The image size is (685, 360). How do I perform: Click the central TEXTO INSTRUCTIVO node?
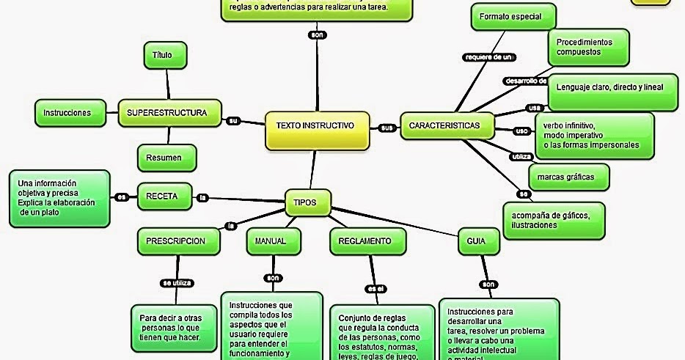[315, 126]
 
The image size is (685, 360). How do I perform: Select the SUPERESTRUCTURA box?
[169, 113]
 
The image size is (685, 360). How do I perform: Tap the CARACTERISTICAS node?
[444, 126]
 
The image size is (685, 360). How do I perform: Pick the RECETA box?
[166, 196]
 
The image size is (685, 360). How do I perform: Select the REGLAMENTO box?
[365, 241]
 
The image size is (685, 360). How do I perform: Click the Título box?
[165, 56]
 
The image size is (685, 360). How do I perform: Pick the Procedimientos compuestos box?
[589, 47]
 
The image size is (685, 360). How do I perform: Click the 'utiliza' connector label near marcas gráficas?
[520, 156]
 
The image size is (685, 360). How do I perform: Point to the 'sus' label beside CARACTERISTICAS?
[387, 128]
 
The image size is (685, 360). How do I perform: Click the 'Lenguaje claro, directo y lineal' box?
[609, 87]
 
